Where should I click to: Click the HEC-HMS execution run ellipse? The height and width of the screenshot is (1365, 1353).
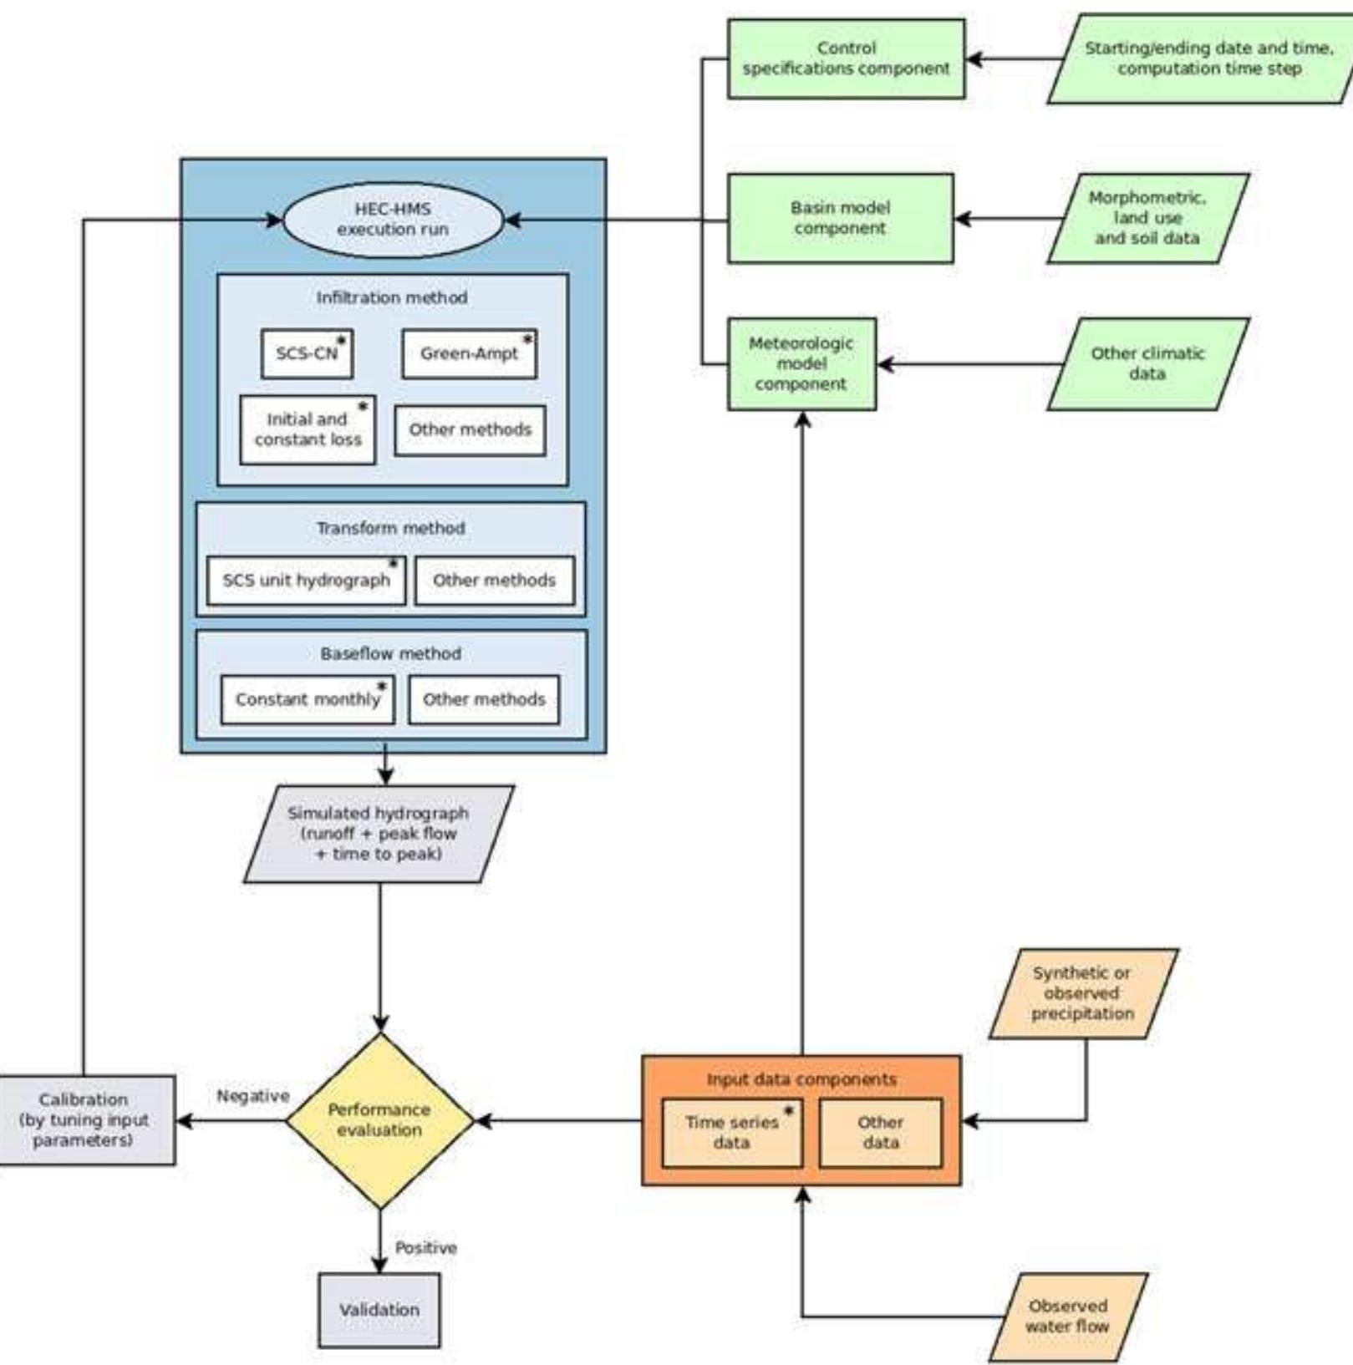(393, 220)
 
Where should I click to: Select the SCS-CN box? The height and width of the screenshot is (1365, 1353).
(307, 353)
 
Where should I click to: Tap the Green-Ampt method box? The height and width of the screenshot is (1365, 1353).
(469, 353)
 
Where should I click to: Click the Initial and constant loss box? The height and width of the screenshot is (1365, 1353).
(308, 429)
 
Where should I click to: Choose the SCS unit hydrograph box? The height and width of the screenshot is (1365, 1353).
(306, 580)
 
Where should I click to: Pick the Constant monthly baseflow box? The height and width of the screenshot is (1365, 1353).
(308, 699)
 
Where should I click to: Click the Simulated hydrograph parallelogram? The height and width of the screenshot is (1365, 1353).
(379, 833)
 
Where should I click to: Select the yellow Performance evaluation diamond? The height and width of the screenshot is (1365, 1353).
(379, 1120)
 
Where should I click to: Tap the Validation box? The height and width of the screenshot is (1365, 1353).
(379, 1309)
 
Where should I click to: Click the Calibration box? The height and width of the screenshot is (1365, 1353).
(84, 1119)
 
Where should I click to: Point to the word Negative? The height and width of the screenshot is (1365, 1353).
(252, 1095)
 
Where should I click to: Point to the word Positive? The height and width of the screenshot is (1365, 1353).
(425, 1247)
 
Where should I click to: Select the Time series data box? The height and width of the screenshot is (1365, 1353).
(731, 1133)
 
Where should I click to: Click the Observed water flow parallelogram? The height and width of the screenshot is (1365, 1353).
(1067, 1316)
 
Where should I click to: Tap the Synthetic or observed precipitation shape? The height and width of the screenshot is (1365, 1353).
(1082, 993)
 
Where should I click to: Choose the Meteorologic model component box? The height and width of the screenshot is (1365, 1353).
(801, 363)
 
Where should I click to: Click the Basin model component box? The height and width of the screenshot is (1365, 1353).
(840, 218)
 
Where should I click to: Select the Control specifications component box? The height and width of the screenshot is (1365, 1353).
(846, 58)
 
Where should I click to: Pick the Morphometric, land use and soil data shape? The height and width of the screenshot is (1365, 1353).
(1147, 218)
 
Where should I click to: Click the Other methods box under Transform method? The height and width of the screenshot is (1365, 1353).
(494, 580)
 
